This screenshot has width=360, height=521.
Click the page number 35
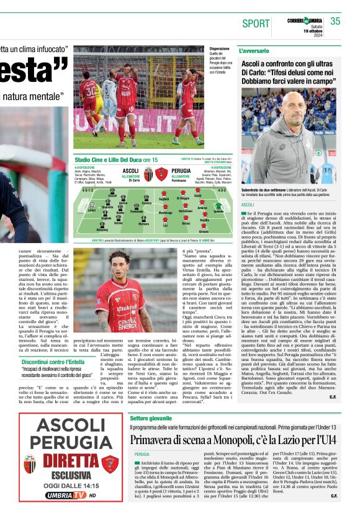coord(335,21)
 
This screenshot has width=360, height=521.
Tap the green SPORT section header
coord(256,24)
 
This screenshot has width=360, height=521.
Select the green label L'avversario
coord(255,50)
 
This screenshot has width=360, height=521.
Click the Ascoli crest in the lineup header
coord(148,174)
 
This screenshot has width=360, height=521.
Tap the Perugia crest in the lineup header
coord(161,174)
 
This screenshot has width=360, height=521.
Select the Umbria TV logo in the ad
coord(66,496)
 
